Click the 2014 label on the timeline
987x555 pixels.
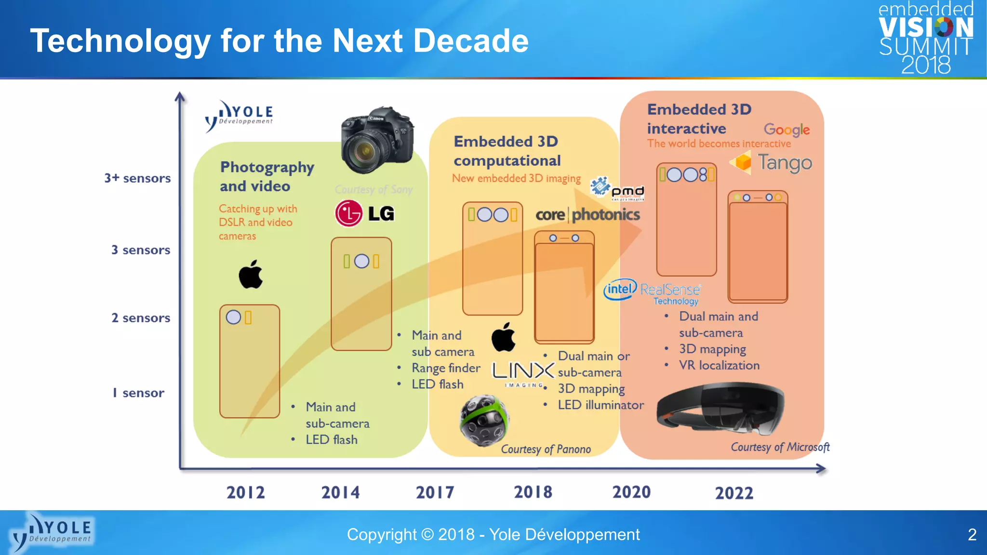tap(340, 492)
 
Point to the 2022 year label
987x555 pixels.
tap(734, 493)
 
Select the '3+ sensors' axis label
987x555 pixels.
tap(137, 178)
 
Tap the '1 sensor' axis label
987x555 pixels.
tap(138, 393)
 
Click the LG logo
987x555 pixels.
tap(365, 213)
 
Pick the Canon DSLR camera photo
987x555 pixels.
tap(377, 140)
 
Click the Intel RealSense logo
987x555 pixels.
tap(652, 291)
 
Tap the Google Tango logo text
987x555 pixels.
tap(771, 163)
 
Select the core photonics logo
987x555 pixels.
tap(587, 214)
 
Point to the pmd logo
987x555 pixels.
tap(617, 189)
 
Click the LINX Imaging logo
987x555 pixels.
tap(522, 373)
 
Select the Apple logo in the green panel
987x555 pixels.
tap(251, 275)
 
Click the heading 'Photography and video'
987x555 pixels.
tap(267, 176)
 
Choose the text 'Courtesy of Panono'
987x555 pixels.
tap(546, 449)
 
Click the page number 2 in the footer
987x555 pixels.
tap(972, 534)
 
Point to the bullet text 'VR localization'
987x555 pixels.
tap(719, 365)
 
